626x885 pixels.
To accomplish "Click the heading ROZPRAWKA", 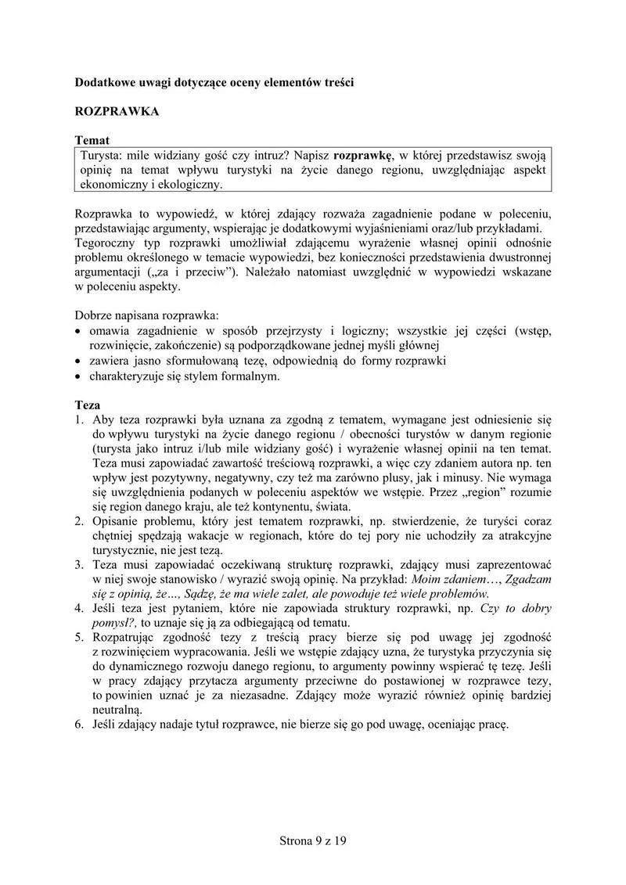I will (x=117, y=111).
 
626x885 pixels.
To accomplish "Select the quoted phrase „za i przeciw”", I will (x=191, y=272).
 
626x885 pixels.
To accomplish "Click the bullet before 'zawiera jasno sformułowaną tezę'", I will (x=78, y=362).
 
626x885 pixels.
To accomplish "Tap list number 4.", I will (x=79, y=608).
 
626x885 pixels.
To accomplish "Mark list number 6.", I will (x=79, y=724).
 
